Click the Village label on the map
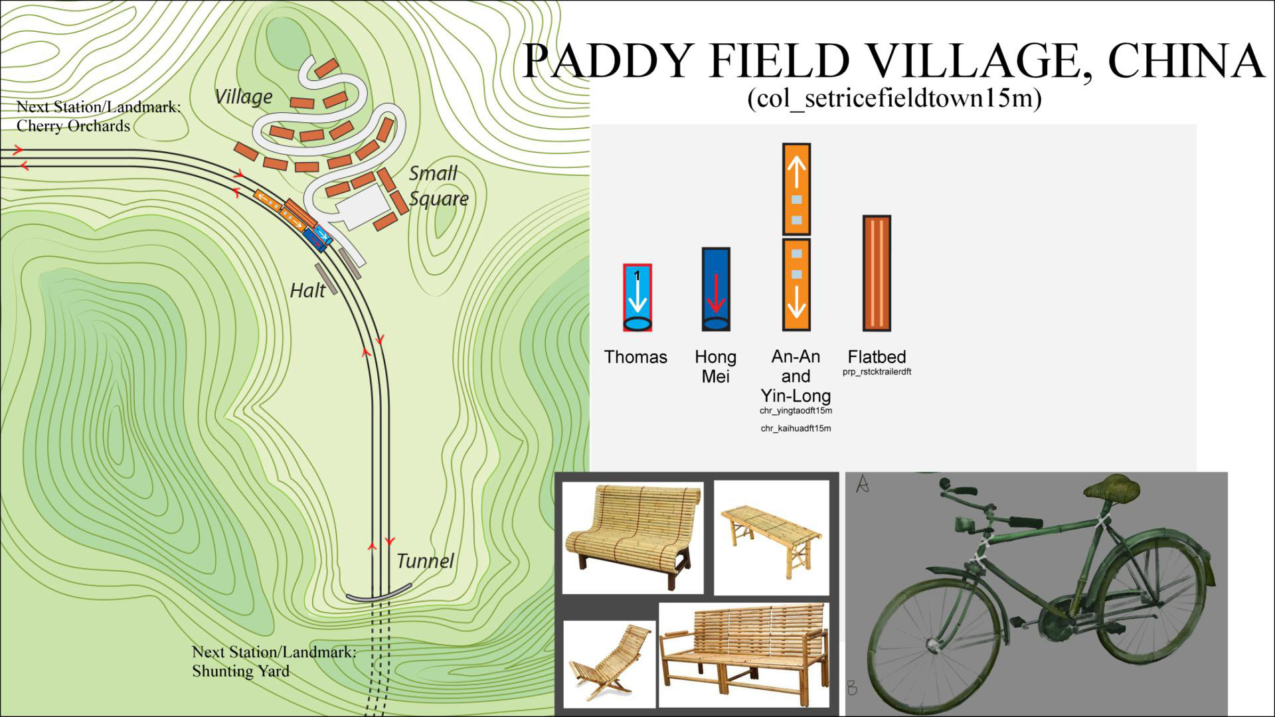point(244,97)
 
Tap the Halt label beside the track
point(307,290)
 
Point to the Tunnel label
point(425,561)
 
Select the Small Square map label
point(438,186)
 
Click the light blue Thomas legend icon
point(637,297)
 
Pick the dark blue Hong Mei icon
point(716,289)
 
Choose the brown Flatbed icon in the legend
point(877,273)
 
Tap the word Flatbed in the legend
point(877,357)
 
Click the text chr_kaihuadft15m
point(796,428)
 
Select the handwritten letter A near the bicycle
point(863,483)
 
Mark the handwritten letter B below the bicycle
point(853,688)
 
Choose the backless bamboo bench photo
point(772,538)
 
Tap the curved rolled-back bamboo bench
point(632,538)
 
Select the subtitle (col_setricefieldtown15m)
point(894,99)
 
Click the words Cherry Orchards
point(73,126)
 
